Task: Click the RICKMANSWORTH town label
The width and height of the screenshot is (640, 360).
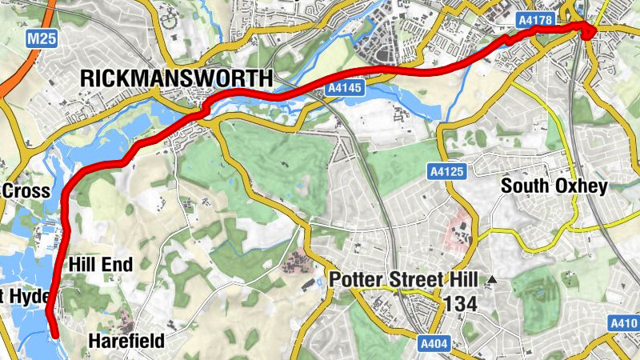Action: click(177, 78)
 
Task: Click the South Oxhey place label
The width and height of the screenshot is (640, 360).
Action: click(554, 186)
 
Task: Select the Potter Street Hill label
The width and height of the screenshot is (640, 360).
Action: click(403, 280)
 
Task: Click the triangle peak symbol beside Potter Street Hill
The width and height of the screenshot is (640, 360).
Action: click(492, 280)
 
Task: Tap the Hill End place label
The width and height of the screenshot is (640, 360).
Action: click(100, 264)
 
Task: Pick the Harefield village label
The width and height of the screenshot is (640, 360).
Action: click(126, 342)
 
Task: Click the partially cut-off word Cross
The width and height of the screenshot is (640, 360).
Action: click(27, 191)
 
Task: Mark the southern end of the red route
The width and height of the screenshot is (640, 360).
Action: click(54, 334)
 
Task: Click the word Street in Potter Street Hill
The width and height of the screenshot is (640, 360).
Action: click(412, 280)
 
